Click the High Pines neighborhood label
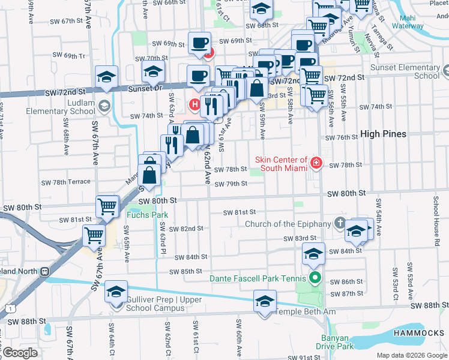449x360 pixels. (383, 134)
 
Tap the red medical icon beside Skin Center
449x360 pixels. (316, 163)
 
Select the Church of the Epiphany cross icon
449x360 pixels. (340, 224)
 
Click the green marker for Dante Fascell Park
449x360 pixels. (314, 278)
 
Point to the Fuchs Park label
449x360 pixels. (146, 215)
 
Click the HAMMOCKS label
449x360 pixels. (419, 333)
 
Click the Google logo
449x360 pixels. (20, 353)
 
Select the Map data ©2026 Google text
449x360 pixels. (412, 355)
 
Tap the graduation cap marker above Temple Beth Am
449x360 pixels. (264, 302)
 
